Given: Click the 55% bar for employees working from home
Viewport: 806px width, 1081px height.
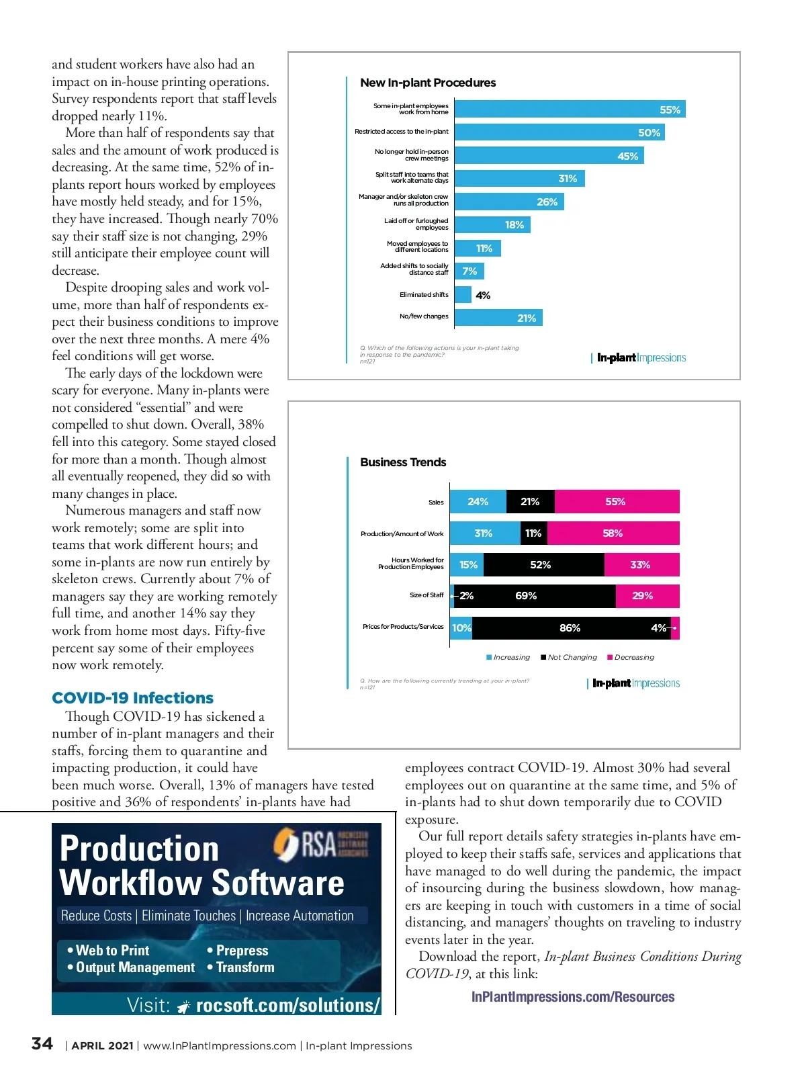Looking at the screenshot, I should (570, 110).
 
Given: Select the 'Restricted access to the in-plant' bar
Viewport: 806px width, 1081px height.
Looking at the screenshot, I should (559, 132).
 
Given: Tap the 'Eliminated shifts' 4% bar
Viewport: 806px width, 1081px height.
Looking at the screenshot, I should (463, 295).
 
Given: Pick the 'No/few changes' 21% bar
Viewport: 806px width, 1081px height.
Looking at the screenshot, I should (498, 318).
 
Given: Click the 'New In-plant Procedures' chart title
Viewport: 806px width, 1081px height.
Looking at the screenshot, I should (428, 83).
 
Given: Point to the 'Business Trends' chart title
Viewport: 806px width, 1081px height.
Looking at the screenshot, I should (403, 462).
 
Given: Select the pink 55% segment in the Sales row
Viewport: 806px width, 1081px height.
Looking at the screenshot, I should (617, 502).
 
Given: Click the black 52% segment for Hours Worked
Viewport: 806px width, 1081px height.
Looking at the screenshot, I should (543, 565).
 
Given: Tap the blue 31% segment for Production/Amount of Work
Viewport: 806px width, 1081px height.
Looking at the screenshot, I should (484, 533).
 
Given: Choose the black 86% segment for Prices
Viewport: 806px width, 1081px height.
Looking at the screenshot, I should (570, 628).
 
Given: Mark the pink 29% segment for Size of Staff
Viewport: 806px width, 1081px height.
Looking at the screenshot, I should (647, 596).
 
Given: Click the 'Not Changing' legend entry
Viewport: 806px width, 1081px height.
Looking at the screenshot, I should (569, 658).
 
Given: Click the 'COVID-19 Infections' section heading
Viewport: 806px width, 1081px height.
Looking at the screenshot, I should (132, 698).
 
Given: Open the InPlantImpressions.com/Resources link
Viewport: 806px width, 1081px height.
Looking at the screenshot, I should (573, 997).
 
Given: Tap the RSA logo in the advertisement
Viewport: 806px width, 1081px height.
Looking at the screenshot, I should (320, 845).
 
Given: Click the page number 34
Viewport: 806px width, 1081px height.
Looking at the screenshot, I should (42, 1044).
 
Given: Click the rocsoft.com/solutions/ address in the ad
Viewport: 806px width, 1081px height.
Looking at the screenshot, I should (287, 1005).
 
